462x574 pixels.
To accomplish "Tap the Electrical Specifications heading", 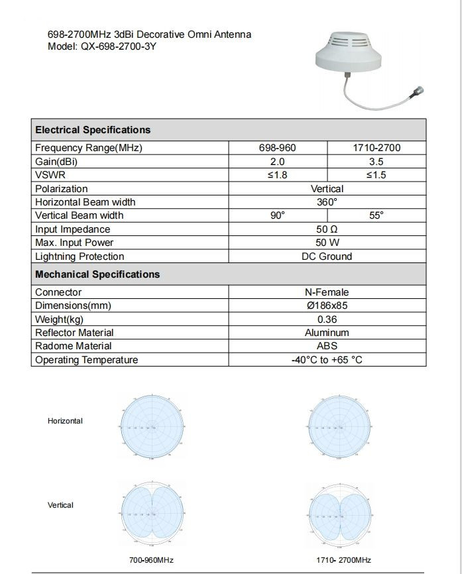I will tap(93, 130).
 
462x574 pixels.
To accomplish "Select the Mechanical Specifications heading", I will tap(97, 274).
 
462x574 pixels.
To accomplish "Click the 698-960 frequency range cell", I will tap(277, 148).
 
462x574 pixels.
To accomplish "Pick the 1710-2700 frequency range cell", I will tap(376, 148).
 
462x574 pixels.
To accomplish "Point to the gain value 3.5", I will tap(376, 162).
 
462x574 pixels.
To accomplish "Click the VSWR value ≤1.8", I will tap(277, 175).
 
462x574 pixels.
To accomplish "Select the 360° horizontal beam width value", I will tap(327, 202).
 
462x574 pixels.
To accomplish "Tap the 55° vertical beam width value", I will tap(376, 215).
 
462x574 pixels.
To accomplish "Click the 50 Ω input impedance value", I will tap(327, 229).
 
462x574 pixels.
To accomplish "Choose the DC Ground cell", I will tap(327, 257).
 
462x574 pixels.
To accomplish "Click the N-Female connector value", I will tap(327, 292).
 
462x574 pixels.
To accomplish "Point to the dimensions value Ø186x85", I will tap(327, 306).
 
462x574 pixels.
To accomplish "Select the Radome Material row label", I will tap(74, 346).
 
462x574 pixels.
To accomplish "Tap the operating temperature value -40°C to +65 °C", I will tap(327, 360).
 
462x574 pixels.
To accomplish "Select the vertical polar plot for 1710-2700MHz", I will tap(339, 512).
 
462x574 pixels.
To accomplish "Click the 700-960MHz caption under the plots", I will tap(151, 560).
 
